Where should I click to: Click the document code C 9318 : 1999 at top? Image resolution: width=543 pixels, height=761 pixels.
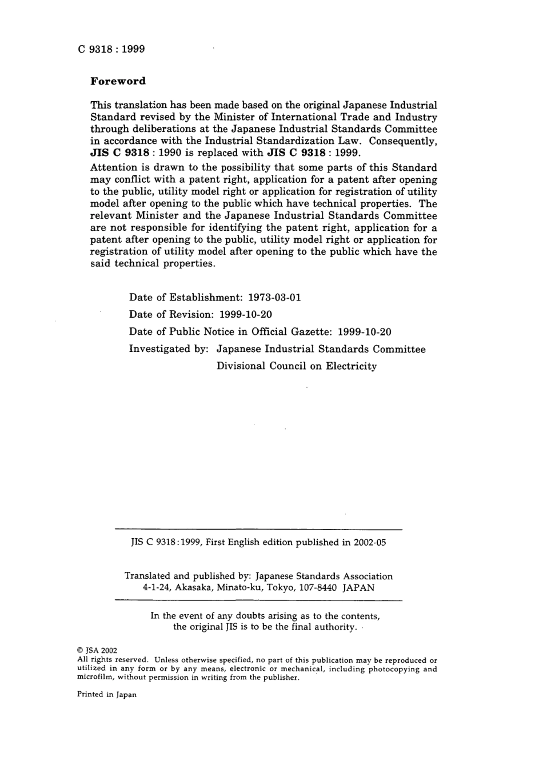[111, 49]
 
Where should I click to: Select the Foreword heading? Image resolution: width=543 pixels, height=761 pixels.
[118, 81]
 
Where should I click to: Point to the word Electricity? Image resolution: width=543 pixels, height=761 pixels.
[352, 366]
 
